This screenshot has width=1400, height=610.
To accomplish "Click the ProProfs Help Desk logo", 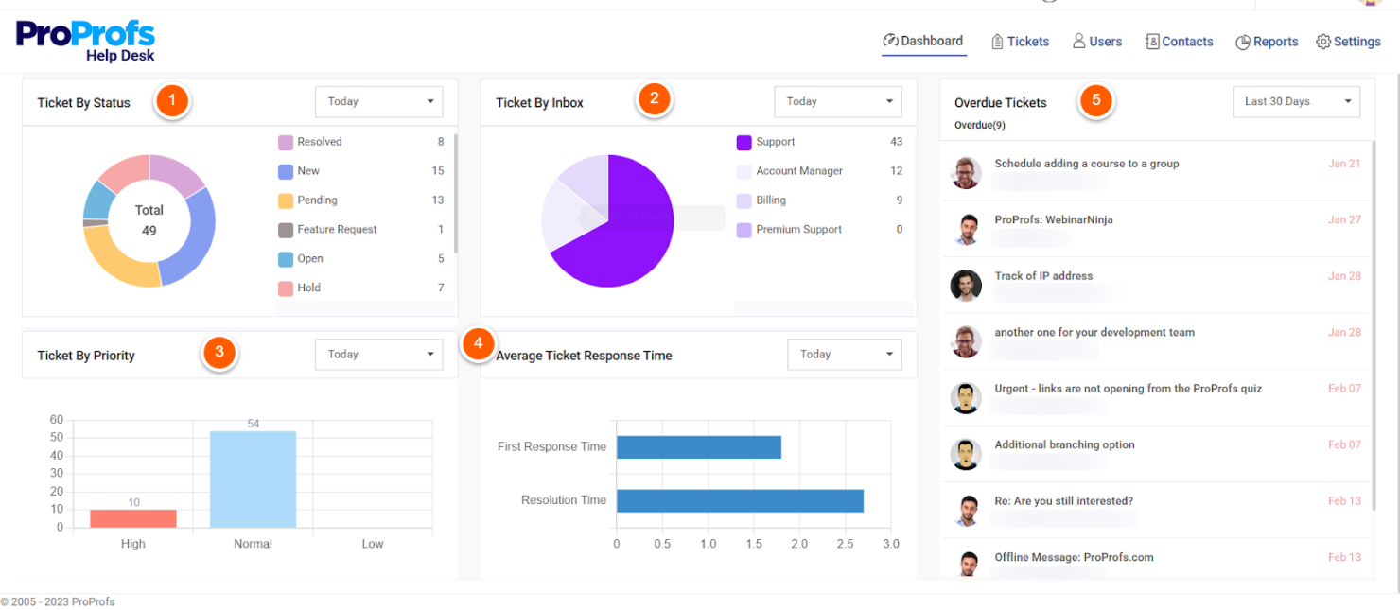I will (85, 41).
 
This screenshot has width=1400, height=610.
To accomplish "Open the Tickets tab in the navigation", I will (1020, 42).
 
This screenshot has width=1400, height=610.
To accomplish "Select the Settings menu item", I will (1348, 42).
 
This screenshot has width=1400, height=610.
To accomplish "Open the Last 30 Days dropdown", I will (1296, 102).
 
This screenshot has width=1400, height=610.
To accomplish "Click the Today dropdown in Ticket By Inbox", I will (837, 102).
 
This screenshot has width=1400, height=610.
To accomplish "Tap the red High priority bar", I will (133, 519).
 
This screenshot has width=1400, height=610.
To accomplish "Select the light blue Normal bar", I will (253, 479).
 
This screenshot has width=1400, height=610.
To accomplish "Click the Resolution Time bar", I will (740, 500).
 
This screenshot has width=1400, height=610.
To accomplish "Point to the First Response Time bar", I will (698, 446).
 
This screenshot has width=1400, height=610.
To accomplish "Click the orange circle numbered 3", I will (219, 353).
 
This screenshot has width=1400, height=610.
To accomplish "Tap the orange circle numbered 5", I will (1096, 100).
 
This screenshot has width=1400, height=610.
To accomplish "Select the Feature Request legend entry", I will (336, 230).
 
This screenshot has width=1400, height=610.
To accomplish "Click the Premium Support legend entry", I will (797, 230).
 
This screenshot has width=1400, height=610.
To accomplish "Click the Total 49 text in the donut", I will (149, 220).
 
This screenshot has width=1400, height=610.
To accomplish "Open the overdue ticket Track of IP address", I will (1042, 276).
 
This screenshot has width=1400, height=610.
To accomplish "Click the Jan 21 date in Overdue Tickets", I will (1343, 164).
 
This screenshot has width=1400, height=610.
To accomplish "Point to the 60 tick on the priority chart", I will (57, 420).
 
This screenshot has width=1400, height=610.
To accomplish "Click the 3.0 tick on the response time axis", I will (890, 544).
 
